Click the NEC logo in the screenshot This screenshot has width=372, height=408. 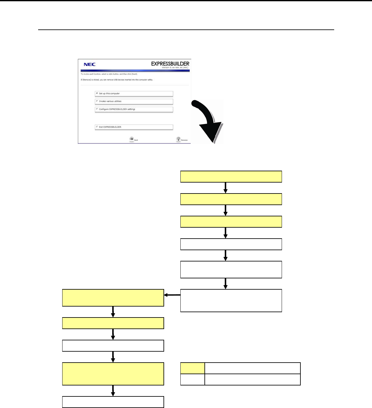[89, 65]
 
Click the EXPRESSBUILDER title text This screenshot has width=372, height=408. [170, 64]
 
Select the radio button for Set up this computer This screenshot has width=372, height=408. [97, 93]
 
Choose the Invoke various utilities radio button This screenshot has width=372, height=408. [97, 101]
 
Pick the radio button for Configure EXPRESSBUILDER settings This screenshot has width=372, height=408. [97, 109]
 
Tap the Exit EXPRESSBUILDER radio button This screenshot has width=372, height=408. [97, 127]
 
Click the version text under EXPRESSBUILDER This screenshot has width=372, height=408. [175, 68]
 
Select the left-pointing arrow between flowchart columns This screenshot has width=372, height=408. [172, 295]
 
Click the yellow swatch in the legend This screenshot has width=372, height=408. [193, 368]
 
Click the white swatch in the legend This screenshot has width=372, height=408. [193, 380]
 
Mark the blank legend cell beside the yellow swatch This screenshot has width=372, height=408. [253, 368]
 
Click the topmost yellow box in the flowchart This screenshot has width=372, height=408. [231, 177]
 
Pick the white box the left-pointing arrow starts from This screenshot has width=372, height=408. [231, 301]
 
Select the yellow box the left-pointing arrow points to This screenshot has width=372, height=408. [113, 298]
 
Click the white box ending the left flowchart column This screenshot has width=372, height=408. [113, 402]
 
